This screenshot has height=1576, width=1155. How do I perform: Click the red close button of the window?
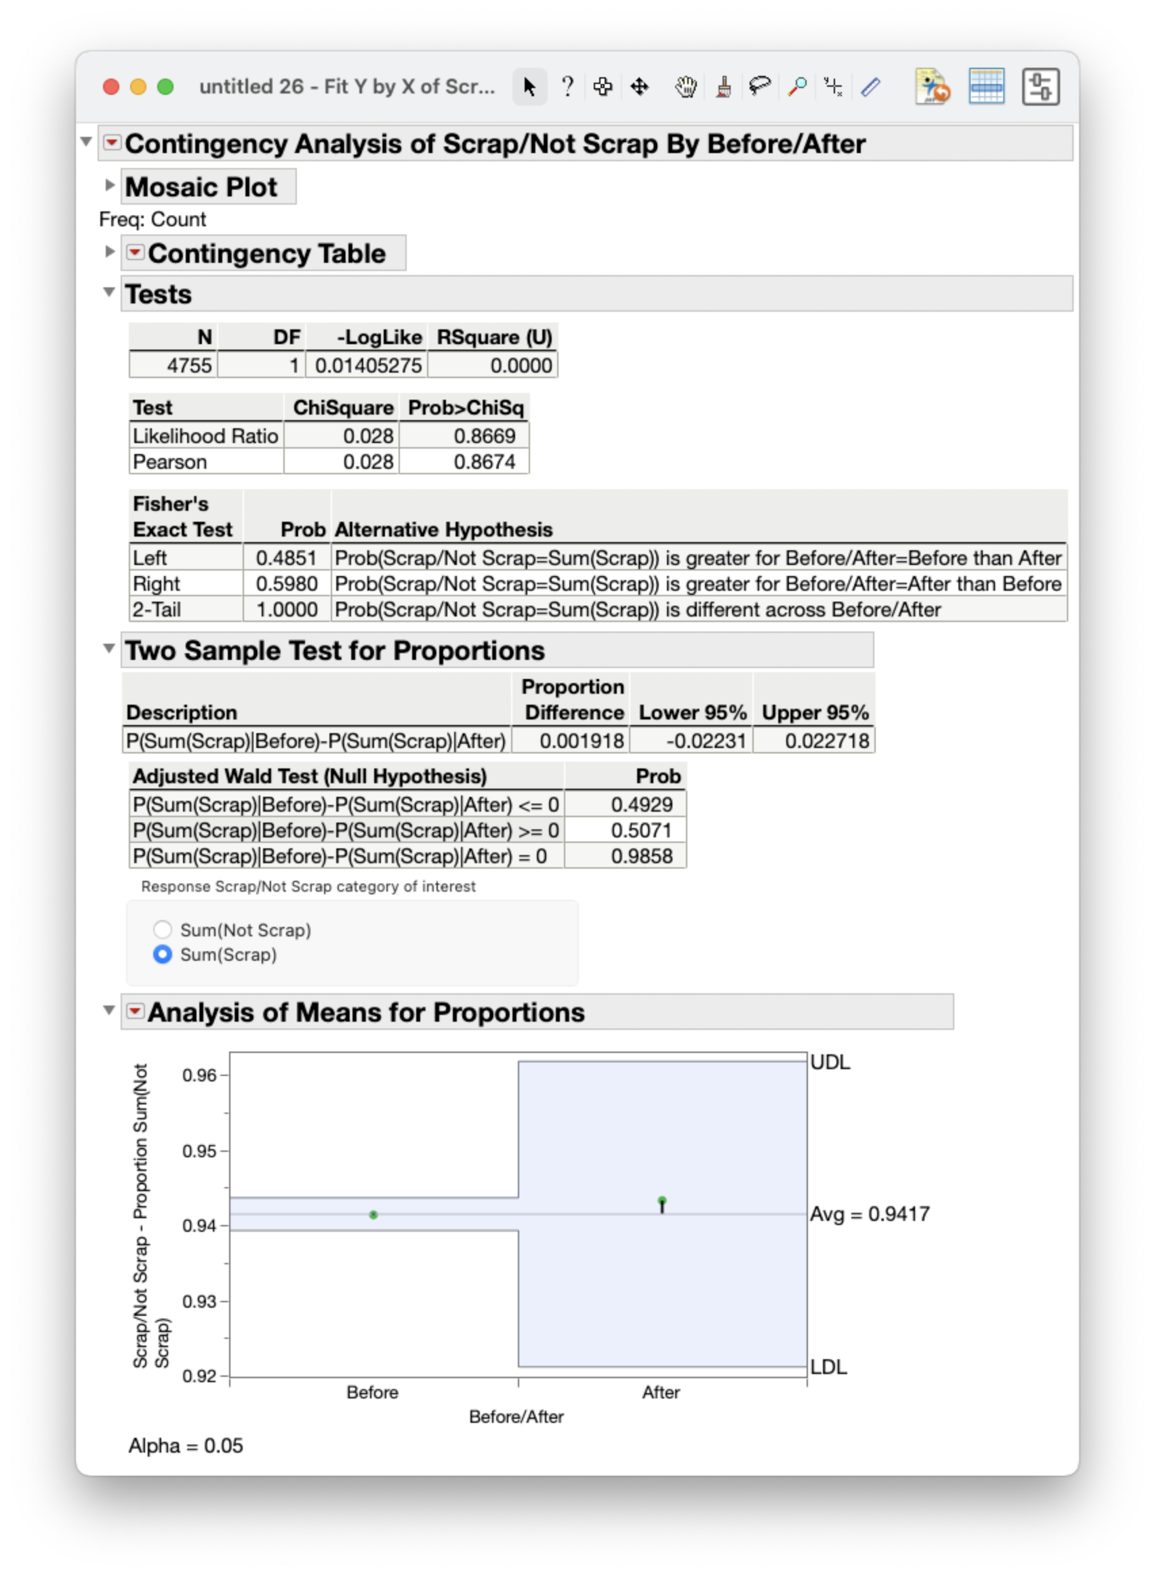pyautogui.click(x=110, y=87)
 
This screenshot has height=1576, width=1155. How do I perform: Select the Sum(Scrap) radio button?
pyautogui.click(x=162, y=955)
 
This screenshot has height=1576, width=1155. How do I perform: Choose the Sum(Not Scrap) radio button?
pyautogui.click(x=162, y=930)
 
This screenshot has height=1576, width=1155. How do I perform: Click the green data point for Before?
pyautogui.click(x=373, y=1216)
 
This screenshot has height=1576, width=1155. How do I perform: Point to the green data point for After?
pyautogui.click(x=662, y=1201)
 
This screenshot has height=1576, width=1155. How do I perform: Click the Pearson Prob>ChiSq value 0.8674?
pyautogui.click(x=484, y=462)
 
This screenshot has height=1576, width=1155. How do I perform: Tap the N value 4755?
pyautogui.click(x=188, y=365)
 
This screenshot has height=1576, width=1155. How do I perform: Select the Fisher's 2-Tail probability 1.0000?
pyautogui.click(x=287, y=610)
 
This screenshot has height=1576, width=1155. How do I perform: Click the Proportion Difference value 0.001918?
pyautogui.click(x=581, y=741)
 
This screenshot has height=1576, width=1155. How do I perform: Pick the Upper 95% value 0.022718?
pyautogui.click(x=826, y=741)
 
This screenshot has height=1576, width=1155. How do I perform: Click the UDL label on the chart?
pyautogui.click(x=830, y=1062)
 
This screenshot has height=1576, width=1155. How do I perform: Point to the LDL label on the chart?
pyautogui.click(x=828, y=1367)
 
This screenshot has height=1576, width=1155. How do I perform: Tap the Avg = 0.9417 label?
pyautogui.click(x=870, y=1214)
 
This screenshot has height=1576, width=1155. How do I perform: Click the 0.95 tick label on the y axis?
pyautogui.click(x=199, y=1151)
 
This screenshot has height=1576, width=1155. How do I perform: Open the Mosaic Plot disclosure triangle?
pyautogui.click(x=110, y=185)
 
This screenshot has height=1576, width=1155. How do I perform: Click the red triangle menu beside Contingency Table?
pyautogui.click(x=135, y=252)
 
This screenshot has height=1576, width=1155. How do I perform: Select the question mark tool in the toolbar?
pyautogui.click(x=568, y=87)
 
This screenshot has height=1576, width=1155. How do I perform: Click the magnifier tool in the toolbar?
pyautogui.click(x=796, y=87)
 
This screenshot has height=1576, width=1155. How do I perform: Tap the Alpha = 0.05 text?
pyautogui.click(x=186, y=1445)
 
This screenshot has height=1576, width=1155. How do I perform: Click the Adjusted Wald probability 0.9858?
pyautogui.click(x=641, y=856)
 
